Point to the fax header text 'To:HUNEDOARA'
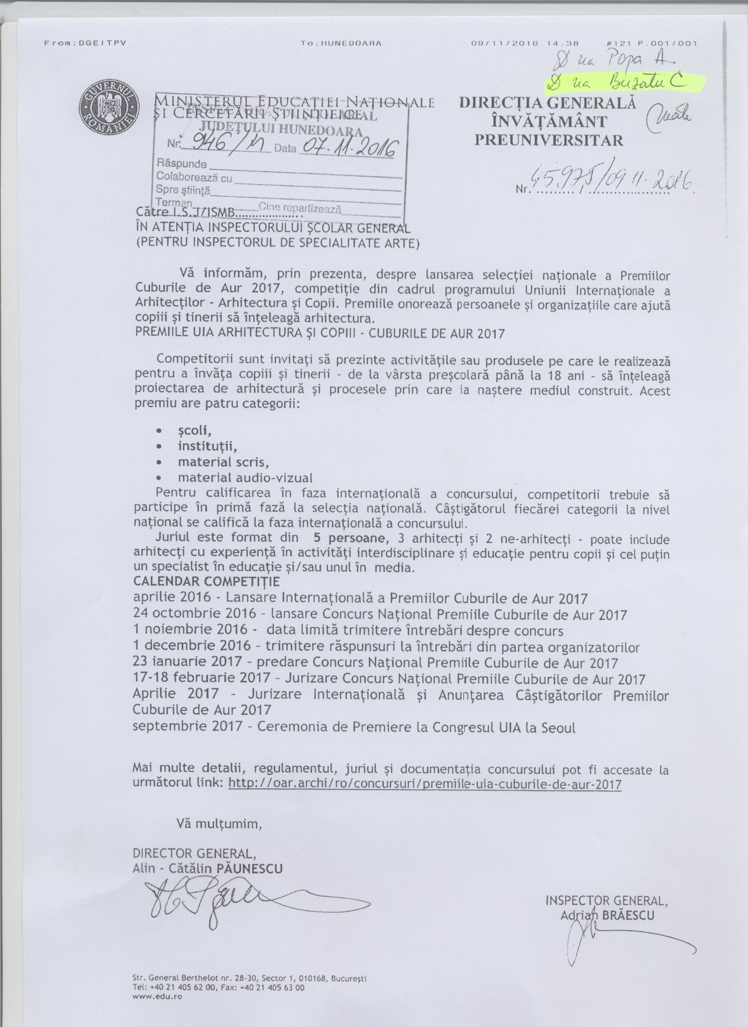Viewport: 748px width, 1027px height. tap(341, 44)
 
